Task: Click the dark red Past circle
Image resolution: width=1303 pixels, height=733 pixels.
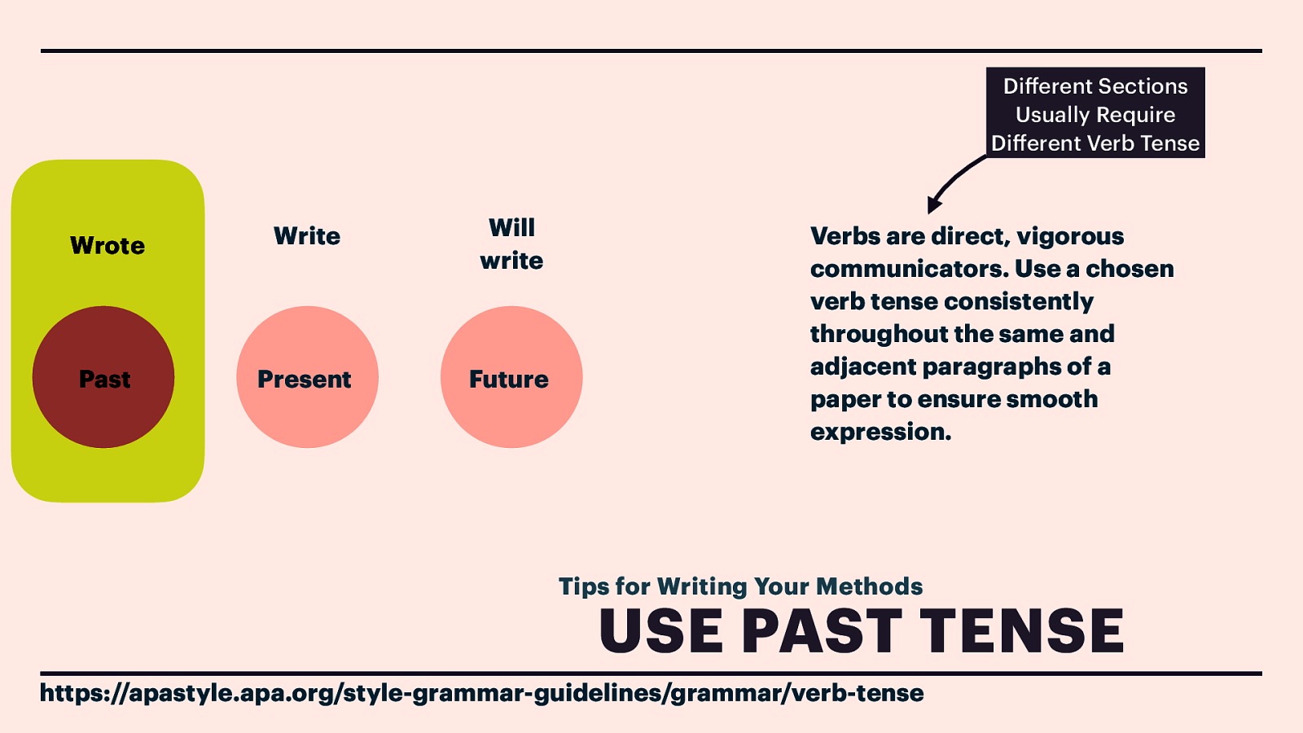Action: click(x=103, y=377)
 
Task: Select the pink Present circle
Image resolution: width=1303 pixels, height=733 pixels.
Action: click(x=307, y=377)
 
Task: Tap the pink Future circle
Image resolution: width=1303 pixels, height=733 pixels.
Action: click(x=511, y=377)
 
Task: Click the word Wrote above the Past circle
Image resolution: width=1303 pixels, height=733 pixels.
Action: click(x=107, y=246)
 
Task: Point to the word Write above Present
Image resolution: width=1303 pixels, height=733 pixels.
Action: click(x=307, y=236)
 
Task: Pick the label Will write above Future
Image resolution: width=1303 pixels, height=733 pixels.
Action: click(x=511, y=244)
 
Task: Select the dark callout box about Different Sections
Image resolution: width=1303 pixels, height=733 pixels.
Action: click(x=1095, y=112)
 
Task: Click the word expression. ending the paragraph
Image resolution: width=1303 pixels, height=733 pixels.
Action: click(x=880, y=432)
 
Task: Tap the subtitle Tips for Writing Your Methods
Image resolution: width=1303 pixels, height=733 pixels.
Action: click(x=740, y=586)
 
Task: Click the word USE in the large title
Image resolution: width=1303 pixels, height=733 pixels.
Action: click(x=660, y=631)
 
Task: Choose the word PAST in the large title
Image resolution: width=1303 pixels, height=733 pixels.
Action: click(x=822, y=631)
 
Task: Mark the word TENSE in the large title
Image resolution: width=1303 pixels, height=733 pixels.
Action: click(x=1023, y=631)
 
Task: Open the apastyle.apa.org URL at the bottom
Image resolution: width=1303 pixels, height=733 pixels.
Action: click(x=481, y=693)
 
